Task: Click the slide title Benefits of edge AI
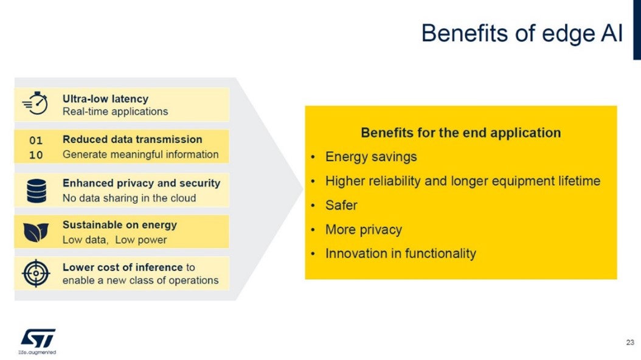(522, 33)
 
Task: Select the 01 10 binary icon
(36, 148)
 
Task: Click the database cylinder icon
(36, 191)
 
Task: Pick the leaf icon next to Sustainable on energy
(36, 232)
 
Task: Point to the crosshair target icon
(36, 273)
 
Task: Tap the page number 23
(630, 342)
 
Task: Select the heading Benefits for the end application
(461, 133)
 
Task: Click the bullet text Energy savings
(371, 157)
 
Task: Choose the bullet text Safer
(341, 205)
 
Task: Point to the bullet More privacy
(364, 230)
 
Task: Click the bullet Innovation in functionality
(401, 254)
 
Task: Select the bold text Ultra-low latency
(105, 99)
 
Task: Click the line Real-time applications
(116, 111)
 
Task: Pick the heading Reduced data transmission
(133, 139)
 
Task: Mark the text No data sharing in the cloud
(129, 198)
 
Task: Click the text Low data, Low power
(114, 240)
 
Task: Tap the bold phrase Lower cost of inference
(123, 267)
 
